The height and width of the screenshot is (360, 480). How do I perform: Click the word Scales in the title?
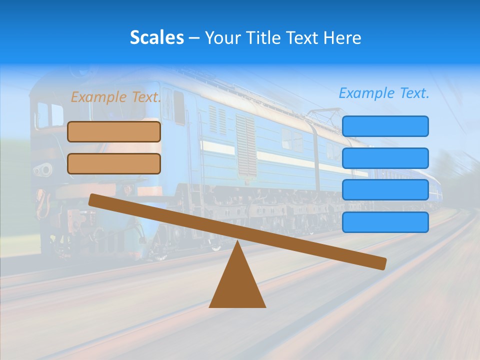(x=156, y=37)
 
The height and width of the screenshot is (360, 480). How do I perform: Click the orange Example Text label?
(x=115, y=97)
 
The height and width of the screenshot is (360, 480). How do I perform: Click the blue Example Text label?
(x=384, y=93)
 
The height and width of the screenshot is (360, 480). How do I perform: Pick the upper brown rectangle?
(x=114, y=131)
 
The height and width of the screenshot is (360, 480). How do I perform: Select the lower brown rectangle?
(x=114, y=163)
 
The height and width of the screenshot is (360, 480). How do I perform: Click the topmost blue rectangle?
(x=385, y=126)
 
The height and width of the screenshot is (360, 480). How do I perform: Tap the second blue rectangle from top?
(x=385, y=158)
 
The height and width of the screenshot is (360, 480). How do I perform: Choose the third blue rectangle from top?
(x=385, y=190)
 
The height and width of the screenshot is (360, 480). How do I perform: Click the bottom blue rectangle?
(x=385, y=222)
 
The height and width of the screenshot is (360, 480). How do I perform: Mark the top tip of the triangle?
(x=237, y=242)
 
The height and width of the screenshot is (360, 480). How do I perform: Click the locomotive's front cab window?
(x=43, y=115)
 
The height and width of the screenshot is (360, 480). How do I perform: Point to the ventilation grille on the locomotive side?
(x=245, y=145)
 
